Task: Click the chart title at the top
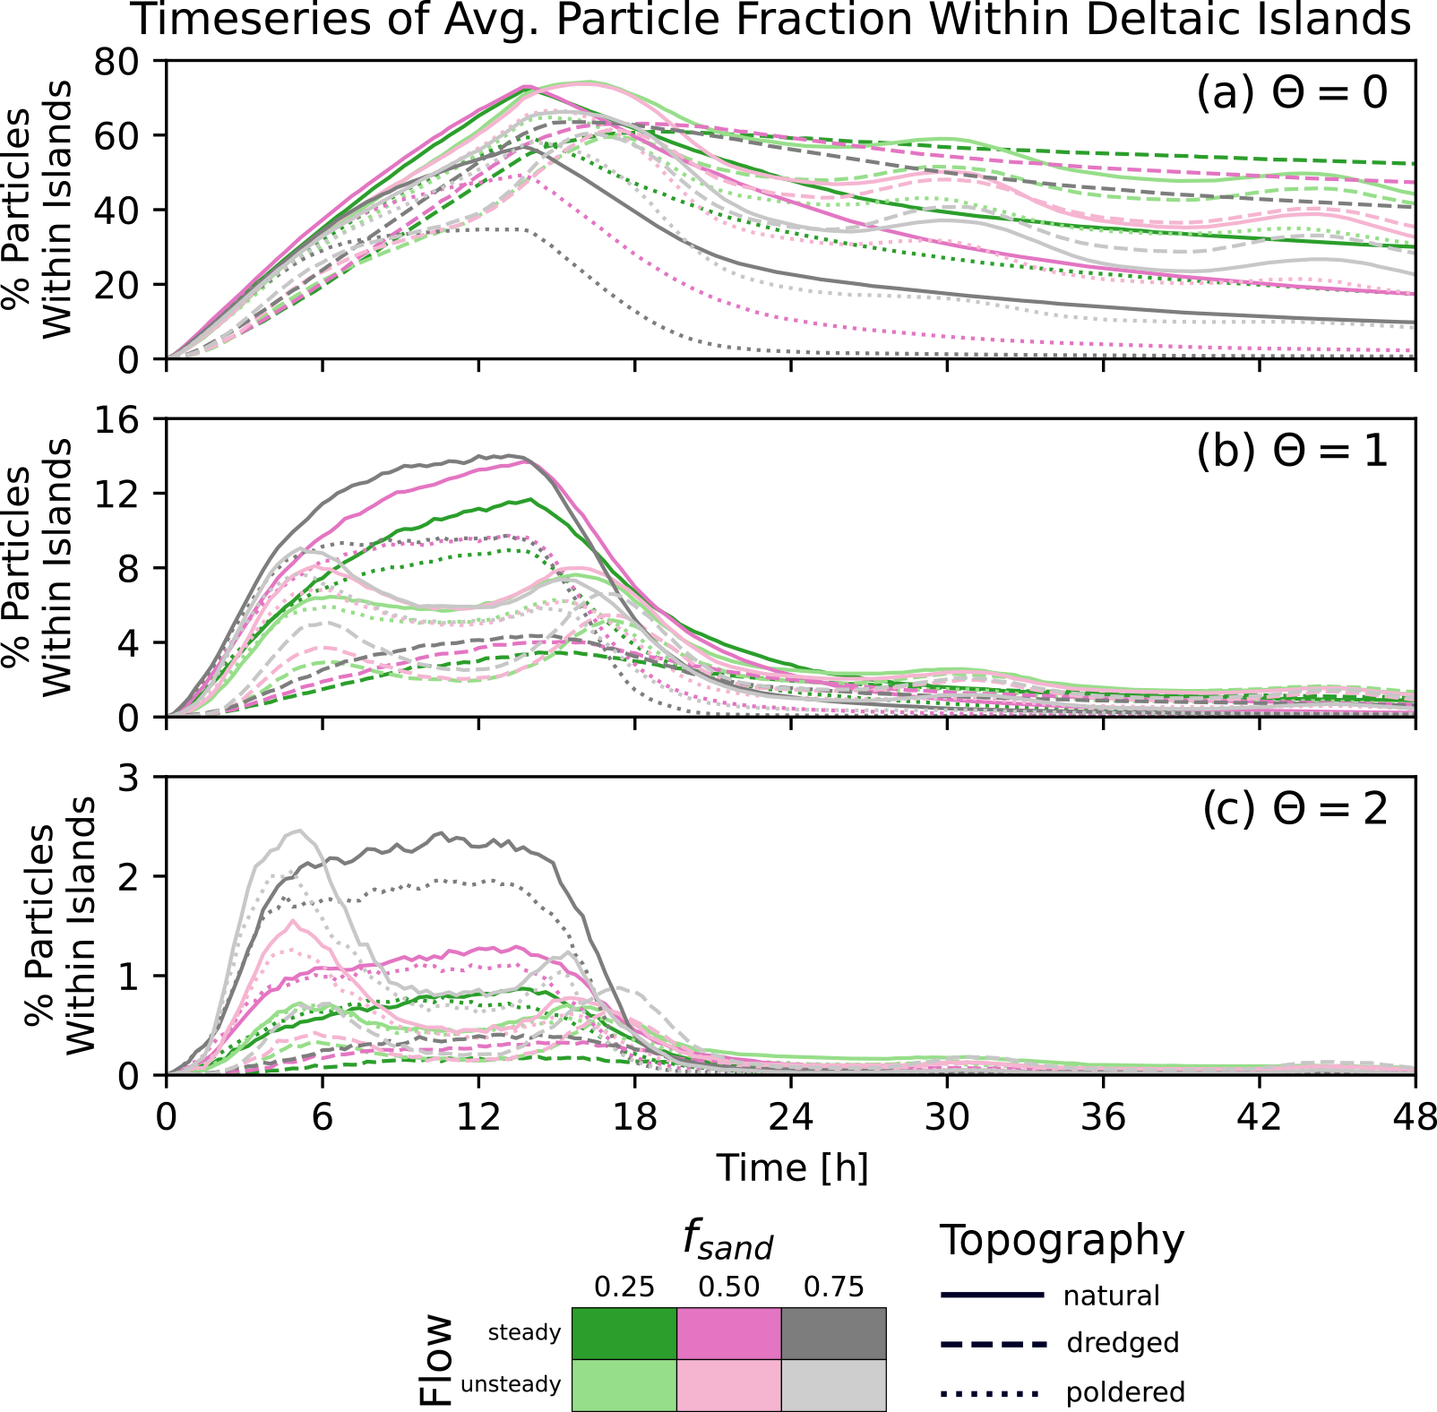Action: click(x=770, y=20)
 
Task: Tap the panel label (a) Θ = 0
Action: click(x=1291, y=93)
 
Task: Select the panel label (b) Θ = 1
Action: click(x=1291, y=452)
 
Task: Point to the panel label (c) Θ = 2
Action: click(x=1294, y=809)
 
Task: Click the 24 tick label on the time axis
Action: click(x=791, y=1118)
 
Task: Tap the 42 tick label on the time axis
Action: click(x=1260, y=1118)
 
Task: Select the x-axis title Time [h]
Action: click(x=792, y=1168)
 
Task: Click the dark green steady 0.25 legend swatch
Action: click(x=624, y=1333)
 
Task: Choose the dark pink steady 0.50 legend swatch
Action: click(x=728, y=1333)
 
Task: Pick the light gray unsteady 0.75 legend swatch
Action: click(x=833, y=1385)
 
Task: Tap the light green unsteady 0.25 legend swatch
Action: click(x=624, y=1385)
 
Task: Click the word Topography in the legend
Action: click(x=1062, y=1242)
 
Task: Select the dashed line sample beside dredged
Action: click(x=993, y=1344)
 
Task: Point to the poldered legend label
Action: click(x=1125, y=1392)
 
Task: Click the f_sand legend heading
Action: click(x=727, y=1242)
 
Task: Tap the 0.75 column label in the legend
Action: click(x=833, y=1287)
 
